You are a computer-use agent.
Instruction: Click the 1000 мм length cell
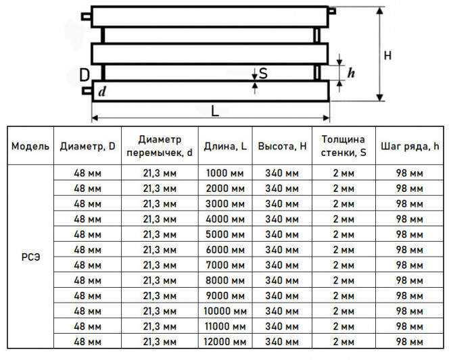tap(225, 174)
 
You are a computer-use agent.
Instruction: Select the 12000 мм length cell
tap(225, 342)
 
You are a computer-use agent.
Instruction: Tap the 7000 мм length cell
tap(225, 265)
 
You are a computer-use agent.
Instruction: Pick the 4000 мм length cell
tap(225, 220)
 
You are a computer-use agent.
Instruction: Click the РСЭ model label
tap(31, 257)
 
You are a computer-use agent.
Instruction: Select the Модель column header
tap(30, 147)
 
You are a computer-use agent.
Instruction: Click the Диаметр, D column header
tap(87, 147)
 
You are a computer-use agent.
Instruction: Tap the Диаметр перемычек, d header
tap(160, 146)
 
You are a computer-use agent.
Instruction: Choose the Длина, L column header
tap(225, 147)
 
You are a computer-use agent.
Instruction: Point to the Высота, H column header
tap(282, 147)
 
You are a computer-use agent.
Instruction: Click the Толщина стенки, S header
tap(343, 146)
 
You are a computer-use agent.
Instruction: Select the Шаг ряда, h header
tap(410, 147)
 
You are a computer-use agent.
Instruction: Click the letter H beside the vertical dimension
tap(387, 55)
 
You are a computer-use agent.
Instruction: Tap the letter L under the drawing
tap(215, 111)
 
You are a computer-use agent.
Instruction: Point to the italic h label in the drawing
tap(351, 73)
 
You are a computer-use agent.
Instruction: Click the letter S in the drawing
tap(263, 73)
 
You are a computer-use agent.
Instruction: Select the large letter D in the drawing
tap(85, 75)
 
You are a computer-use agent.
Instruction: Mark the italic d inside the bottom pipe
tap(102, 92)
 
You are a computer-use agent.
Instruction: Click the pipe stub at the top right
tap(332, 11)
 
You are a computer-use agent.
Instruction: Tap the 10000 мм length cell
tap(225, 311)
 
